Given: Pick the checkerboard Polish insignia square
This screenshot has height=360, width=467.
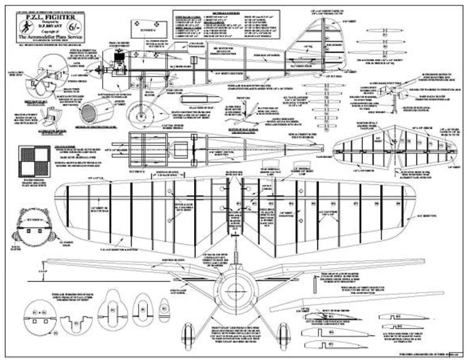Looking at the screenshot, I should click(x=33, y=158).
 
